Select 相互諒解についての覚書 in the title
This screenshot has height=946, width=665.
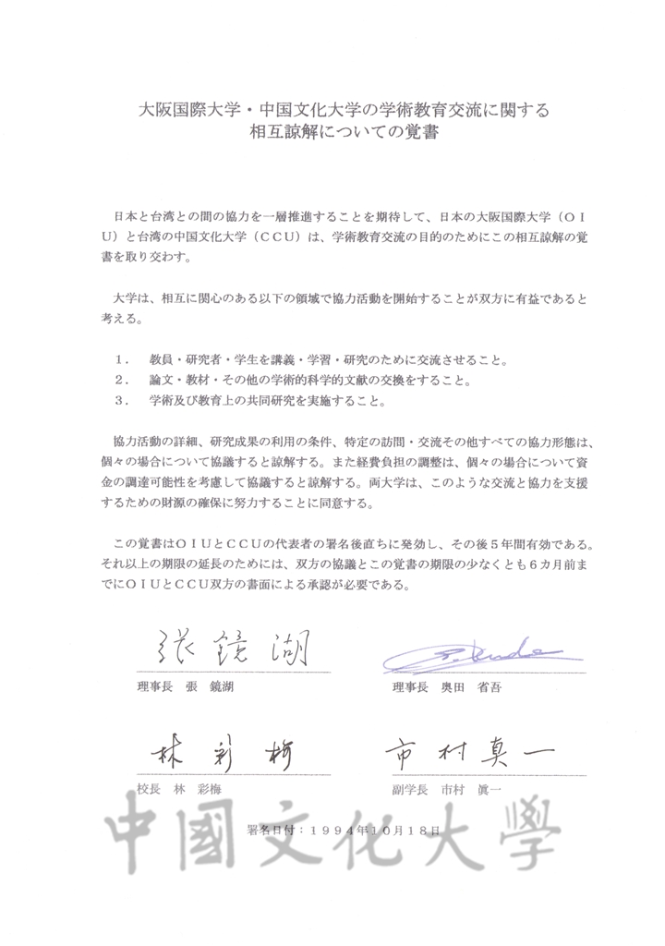tap(333, 133)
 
